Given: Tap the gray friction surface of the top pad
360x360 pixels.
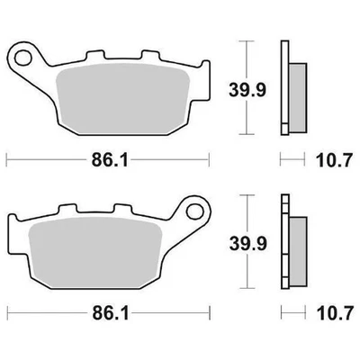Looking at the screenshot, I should pyautogui.click(x=117, y=100).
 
